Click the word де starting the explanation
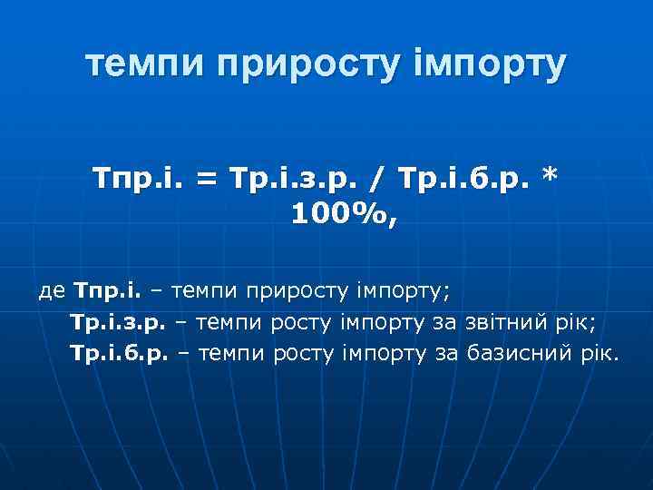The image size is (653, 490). (x=52, y=291)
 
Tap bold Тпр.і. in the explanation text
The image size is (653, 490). (x=109, y=291)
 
